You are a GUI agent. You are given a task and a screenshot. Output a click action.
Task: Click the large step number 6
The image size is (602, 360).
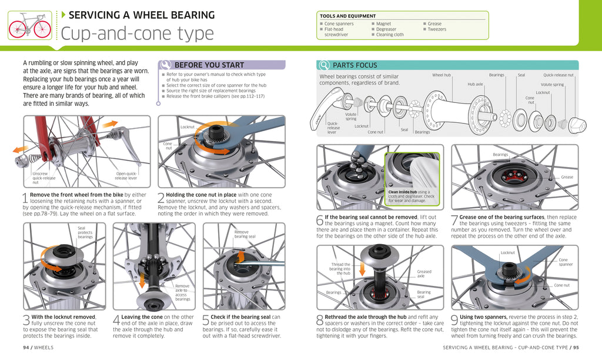(x=320, y=221)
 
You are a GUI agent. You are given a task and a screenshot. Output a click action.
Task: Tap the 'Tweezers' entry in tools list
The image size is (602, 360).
(x=436, y=29)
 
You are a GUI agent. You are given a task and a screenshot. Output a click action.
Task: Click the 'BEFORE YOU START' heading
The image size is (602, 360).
(x=209, y=65)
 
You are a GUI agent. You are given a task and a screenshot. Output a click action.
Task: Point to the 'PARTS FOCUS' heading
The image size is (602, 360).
(x=354, y=65)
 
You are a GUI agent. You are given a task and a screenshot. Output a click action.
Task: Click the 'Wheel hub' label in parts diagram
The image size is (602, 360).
(x=441, y=75)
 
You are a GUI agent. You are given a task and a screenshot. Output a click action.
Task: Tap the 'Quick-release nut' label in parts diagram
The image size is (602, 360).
(x=558, y=75)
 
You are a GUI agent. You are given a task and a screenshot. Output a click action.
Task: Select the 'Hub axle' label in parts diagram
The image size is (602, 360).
(x=475, y=85)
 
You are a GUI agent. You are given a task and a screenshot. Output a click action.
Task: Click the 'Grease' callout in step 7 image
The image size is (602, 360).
(x=566, y=177)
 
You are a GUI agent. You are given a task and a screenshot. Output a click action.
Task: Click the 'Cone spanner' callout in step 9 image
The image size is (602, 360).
(x=565, y=262)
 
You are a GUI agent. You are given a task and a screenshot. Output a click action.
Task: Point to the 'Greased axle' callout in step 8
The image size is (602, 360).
(x=424, y=274)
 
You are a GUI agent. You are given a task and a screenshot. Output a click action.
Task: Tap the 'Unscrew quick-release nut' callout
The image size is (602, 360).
(x=44, y=178)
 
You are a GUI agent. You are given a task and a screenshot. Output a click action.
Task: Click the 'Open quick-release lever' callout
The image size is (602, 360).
(x=126, y=175)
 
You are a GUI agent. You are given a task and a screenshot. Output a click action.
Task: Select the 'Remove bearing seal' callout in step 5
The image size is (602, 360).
(x=241, y=234)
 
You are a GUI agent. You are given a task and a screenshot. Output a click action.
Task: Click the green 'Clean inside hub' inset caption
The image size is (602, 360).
(x=411, y=196)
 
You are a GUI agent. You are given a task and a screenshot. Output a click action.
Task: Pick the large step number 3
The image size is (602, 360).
(x=26, y=321)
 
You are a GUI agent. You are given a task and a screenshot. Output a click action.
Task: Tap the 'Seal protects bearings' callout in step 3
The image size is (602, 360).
(x=85, y=232)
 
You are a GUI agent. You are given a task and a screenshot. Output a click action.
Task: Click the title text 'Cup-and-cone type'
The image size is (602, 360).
(x=137, y=34)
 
